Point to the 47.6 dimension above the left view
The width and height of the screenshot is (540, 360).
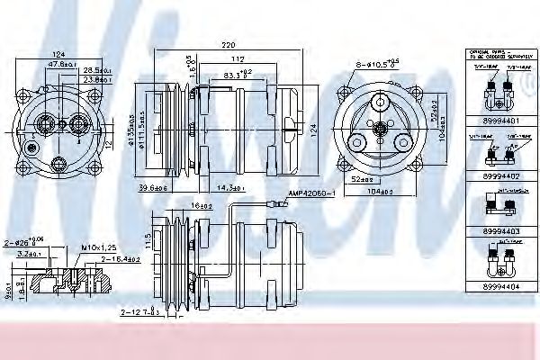coord(61,65)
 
